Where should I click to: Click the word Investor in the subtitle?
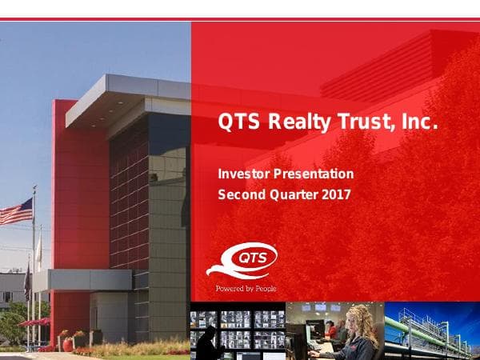click(x=243, y=174)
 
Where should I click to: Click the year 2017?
click(x=336, y=194)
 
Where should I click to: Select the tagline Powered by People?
click(x=246, y=288)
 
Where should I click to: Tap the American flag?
click(x=16, y=212)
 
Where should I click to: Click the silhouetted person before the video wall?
click(x=206, y=344)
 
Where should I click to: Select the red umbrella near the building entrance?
click(x=34, y=322)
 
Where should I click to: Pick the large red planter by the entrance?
click(x=69, y=345)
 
